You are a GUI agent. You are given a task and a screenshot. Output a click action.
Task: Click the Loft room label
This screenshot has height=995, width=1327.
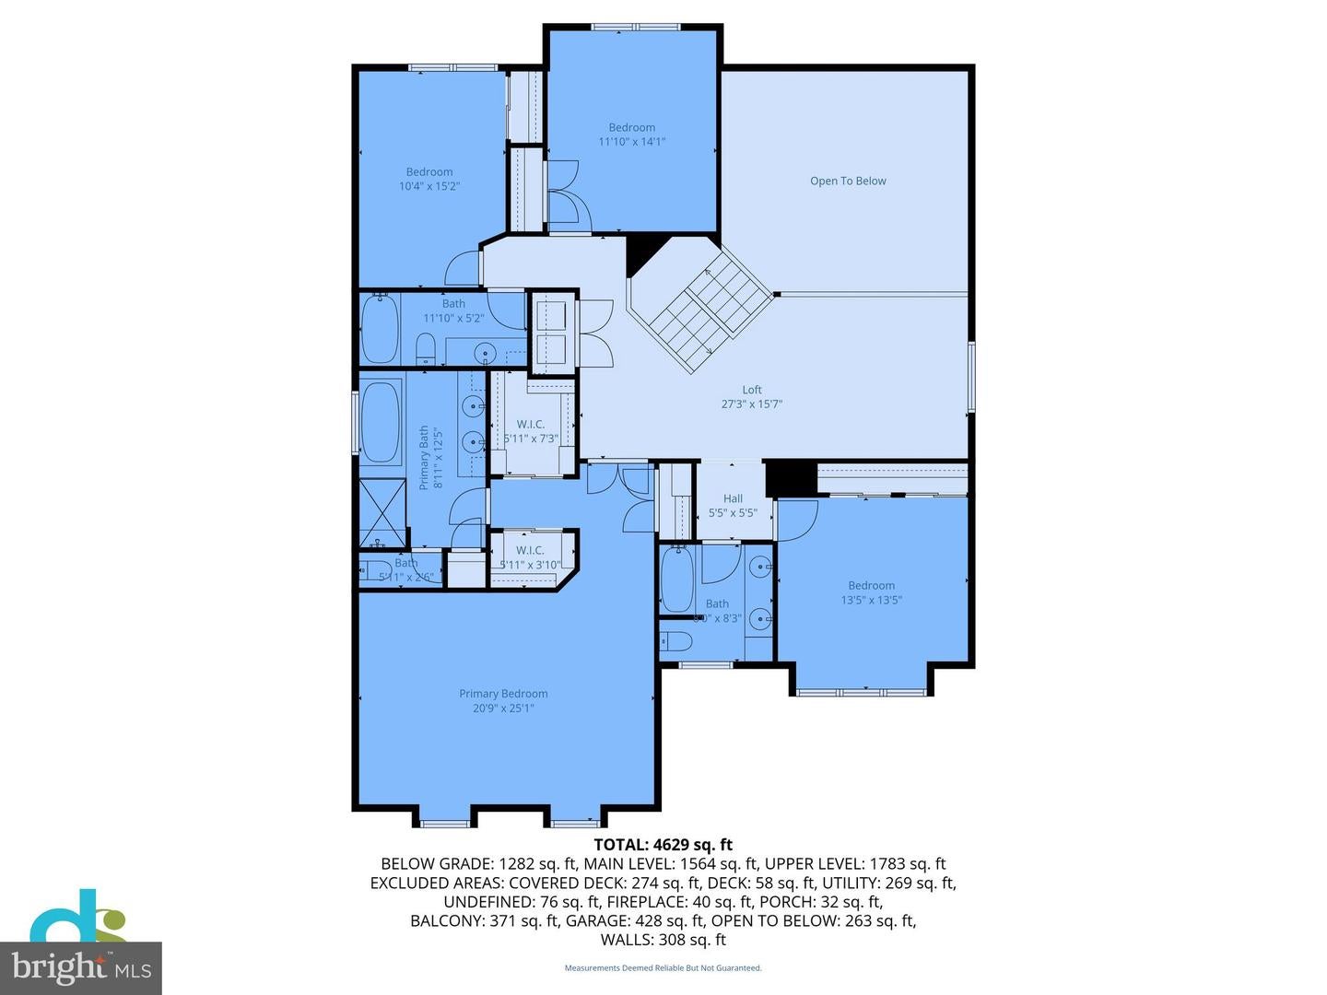(752, 391)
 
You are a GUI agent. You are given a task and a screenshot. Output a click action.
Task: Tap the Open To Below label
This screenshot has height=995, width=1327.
(848, 181)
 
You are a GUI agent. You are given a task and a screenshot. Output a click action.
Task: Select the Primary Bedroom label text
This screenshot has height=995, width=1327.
(503, 694)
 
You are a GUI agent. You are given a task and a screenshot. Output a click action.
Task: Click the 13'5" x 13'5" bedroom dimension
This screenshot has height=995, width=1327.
(871, 600)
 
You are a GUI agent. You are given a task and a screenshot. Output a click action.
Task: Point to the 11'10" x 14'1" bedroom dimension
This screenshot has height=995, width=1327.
(631, 142)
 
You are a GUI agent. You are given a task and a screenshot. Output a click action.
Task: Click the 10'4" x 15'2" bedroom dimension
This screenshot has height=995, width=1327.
(429, 186)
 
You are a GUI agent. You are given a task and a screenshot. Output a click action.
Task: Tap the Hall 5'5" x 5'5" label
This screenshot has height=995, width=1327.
(733, 506)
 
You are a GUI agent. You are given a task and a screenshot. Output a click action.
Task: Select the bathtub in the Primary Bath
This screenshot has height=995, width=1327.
(380, 423)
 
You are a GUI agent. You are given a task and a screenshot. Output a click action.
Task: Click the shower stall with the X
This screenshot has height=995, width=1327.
(382, 512)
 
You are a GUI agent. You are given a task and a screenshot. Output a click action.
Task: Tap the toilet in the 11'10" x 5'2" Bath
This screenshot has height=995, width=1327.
(425, 348)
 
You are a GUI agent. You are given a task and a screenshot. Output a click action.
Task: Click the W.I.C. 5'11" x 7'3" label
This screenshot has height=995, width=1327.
(531, 431)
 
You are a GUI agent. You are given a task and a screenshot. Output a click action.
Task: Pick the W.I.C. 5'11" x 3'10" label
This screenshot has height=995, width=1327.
(530, 557)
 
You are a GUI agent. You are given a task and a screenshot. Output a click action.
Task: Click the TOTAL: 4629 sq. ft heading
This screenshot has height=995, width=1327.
(663, 844)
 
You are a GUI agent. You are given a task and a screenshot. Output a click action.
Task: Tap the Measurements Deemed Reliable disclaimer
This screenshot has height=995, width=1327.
(663, 968)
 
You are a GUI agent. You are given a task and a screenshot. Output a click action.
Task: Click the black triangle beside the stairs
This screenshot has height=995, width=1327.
(644, 253)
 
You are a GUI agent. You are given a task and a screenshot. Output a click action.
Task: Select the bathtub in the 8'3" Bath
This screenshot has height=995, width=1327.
(678, 579)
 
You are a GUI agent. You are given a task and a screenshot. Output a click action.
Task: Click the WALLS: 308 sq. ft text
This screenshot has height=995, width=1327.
(663, 940)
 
